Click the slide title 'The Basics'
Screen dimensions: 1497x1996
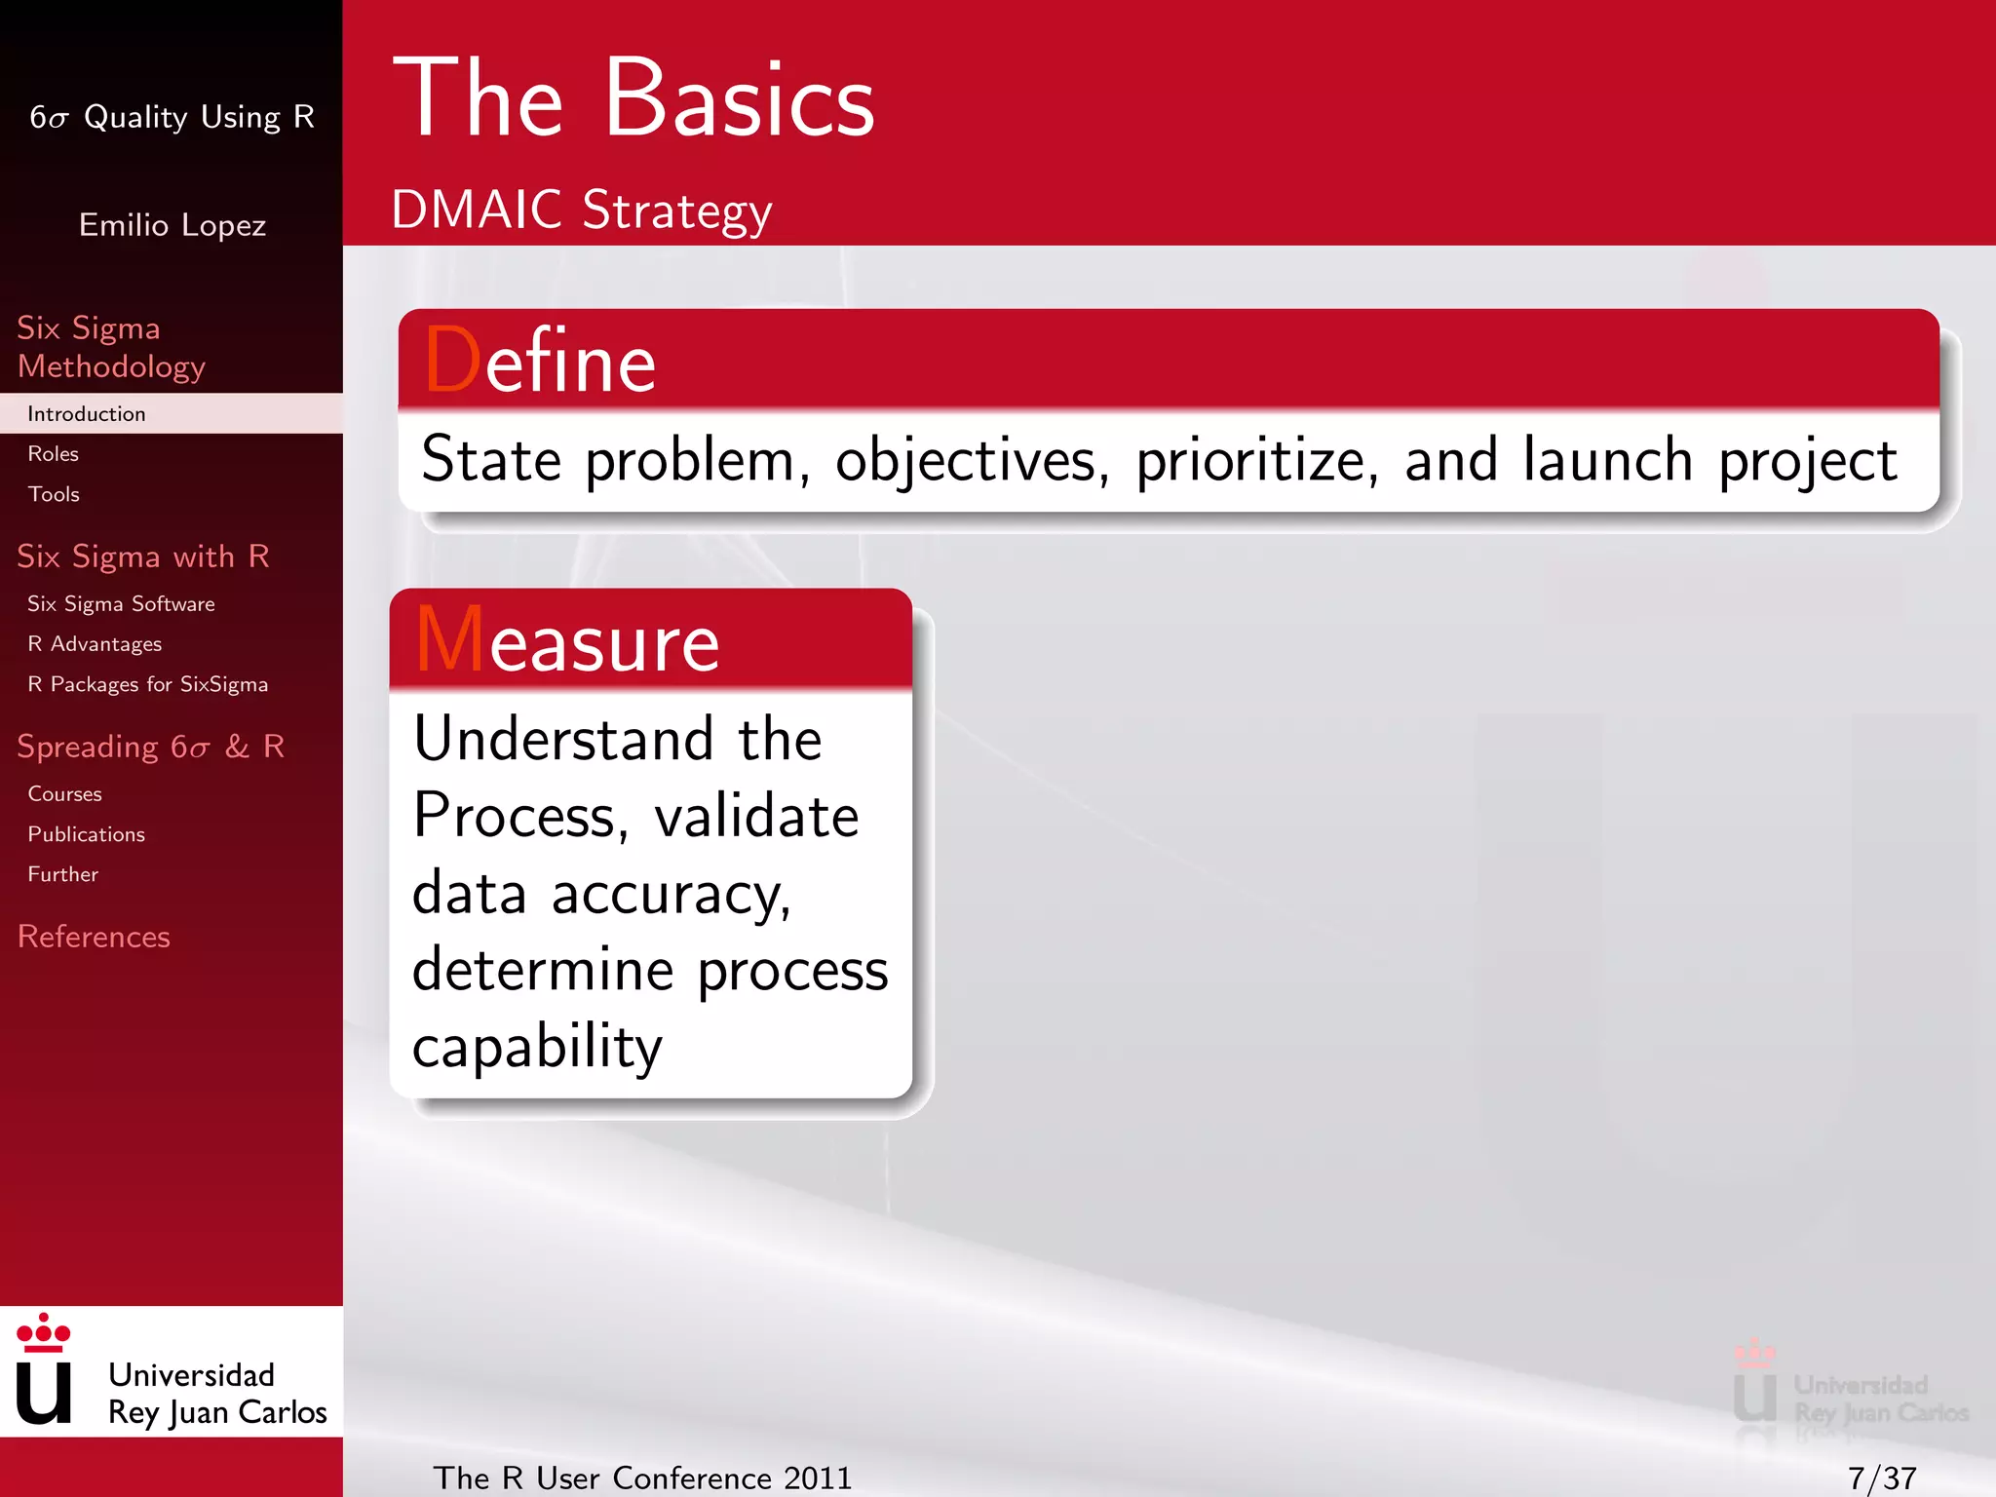633,99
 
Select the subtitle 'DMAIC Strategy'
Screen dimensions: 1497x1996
581,211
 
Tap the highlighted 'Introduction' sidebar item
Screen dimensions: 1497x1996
87,414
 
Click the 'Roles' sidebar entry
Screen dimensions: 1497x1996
54,454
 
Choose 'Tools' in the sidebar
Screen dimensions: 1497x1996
54,495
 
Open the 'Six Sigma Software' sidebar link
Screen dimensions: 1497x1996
121,604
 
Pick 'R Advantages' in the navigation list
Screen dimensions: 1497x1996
95,644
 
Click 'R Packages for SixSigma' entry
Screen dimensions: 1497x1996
147,684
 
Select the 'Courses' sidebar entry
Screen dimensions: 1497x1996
64,794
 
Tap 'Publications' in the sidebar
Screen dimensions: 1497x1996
86,834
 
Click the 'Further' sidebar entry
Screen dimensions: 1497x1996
62,874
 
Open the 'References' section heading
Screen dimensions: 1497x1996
94,937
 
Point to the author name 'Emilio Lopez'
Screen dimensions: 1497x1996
172,225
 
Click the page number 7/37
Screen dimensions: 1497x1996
1881,1478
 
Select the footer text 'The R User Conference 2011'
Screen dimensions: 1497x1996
642,1478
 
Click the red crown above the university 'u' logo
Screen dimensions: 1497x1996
44,1332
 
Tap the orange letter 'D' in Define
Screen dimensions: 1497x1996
452,361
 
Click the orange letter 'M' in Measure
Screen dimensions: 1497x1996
449,640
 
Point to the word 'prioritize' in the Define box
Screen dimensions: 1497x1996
1256,461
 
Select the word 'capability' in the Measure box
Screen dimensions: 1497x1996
537,1048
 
